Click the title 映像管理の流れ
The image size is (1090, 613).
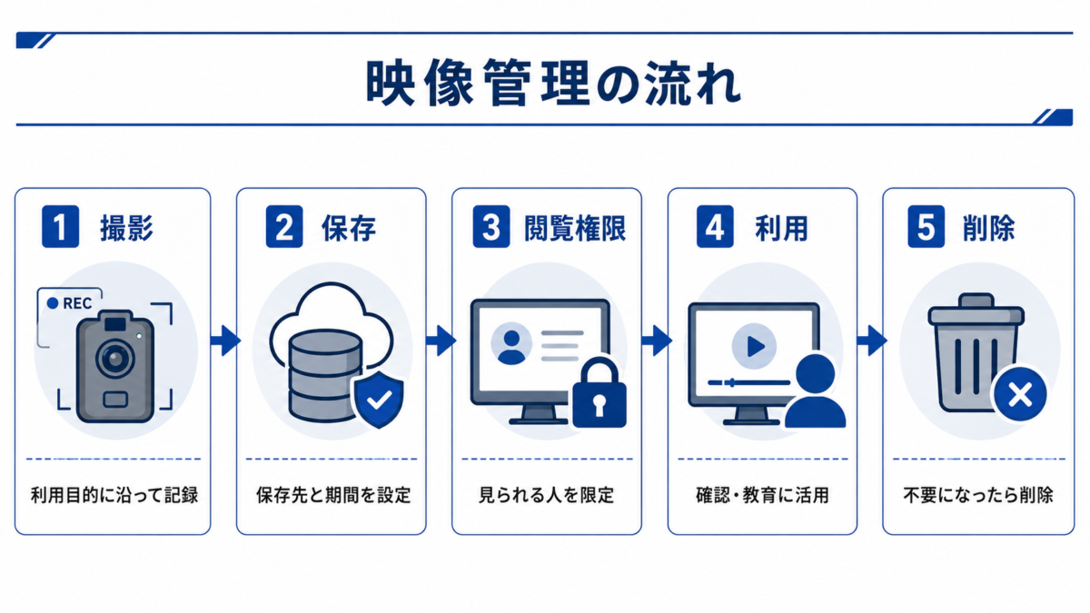[554, 83]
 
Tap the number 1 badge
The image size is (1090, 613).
[60, 227]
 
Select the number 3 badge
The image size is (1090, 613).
[491, 227]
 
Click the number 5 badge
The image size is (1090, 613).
[926, 227]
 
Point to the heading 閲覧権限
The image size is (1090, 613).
[575, 228]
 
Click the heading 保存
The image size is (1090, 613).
[349, 228]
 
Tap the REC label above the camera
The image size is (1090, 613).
[70, 303]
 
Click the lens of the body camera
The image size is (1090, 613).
[115, 359]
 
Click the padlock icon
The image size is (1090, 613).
[599, 392]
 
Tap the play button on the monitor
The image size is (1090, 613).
[754, 346]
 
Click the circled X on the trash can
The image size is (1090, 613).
[1020, 394]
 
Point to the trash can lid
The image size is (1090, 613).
[976, 310]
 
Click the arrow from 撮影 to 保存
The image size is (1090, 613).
[225, 340]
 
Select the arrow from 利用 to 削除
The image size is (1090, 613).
[871, 340]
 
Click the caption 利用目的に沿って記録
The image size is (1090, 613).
[114, 495]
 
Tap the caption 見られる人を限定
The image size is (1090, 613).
[547, 495]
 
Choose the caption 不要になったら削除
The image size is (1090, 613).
[978, 495]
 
